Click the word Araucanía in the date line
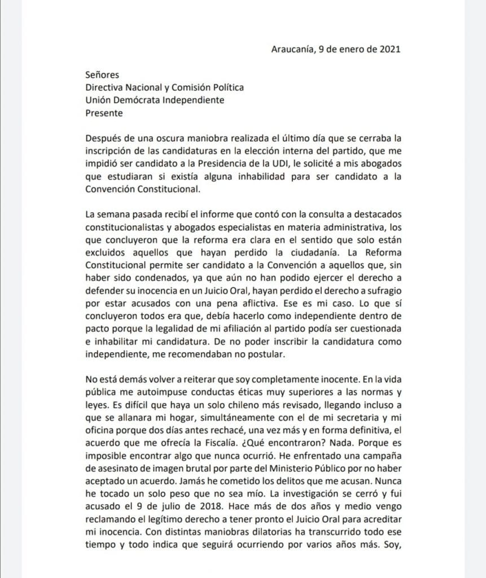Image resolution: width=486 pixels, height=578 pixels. coord(292,49)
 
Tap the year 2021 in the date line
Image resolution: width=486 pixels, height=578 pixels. coord(388,49)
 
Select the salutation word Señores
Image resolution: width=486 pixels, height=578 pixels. coord(102,75)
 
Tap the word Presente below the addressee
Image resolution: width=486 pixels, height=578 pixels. coord(104,113)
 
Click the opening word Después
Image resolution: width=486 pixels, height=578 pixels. coord(104,139)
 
